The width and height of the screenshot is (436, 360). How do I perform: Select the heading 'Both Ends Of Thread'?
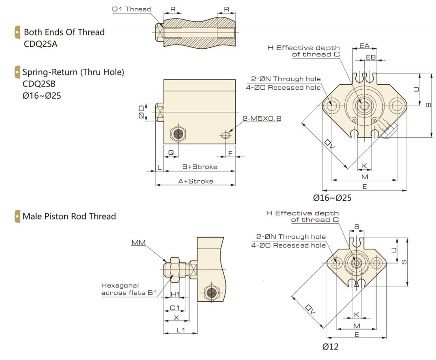(64, 32)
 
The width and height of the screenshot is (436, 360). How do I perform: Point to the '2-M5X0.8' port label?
(262, 118)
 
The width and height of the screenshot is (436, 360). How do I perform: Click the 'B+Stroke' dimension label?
(200, 167)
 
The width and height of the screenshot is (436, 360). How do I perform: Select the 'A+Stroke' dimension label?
(195, 181)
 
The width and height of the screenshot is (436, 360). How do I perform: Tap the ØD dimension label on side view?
(142, 112)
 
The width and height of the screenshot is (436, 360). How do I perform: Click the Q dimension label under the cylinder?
(171, 153)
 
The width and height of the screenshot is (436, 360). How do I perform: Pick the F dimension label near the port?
(230, 153)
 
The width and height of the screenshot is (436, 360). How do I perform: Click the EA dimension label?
(364, 46)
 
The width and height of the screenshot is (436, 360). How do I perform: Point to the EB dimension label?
(371, 57)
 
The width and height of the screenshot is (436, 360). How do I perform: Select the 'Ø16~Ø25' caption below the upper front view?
(332, 198)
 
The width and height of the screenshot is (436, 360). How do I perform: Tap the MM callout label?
(137, 243)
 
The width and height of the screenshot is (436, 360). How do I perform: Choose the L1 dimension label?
(180, 330)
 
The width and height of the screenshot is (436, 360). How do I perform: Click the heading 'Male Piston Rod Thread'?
(69, 216)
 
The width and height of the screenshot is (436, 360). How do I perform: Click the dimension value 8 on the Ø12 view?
(357, 226)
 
